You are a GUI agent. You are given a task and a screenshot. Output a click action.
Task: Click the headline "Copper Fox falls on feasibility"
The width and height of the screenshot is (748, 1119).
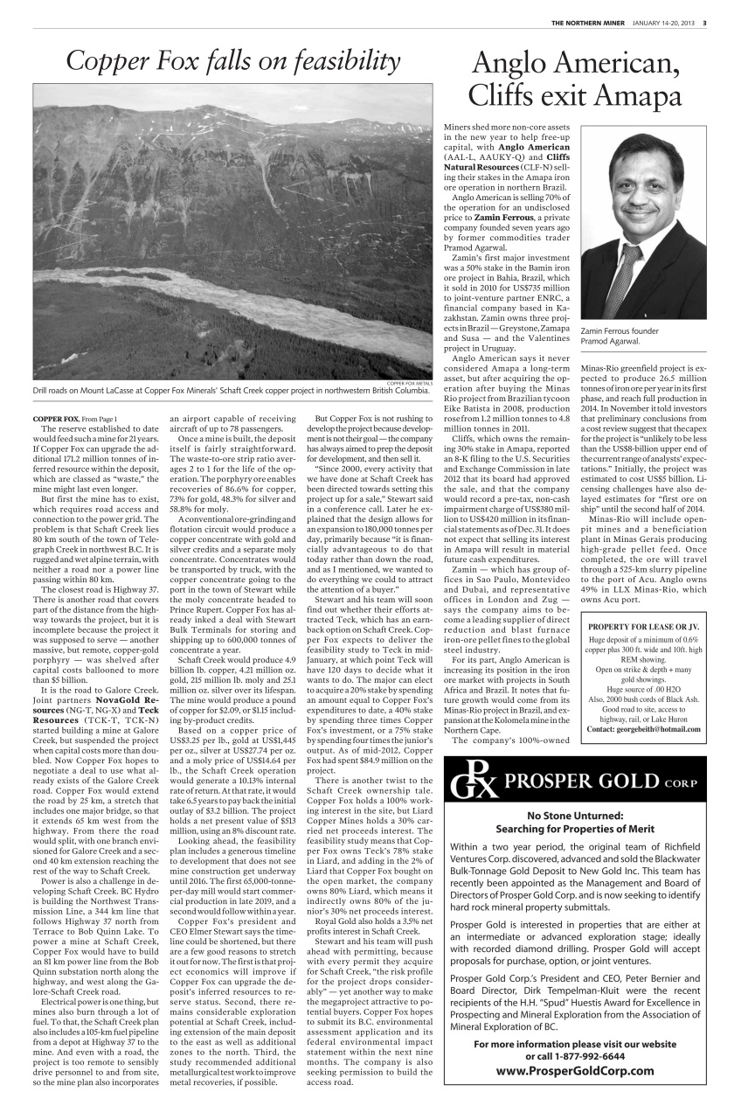click(x=232, y=61)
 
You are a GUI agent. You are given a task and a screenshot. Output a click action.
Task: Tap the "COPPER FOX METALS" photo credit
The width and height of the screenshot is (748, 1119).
click(x=408, y=383)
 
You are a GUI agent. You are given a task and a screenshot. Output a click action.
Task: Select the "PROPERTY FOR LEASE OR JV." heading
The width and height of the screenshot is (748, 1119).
click(x=644, y=627)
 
